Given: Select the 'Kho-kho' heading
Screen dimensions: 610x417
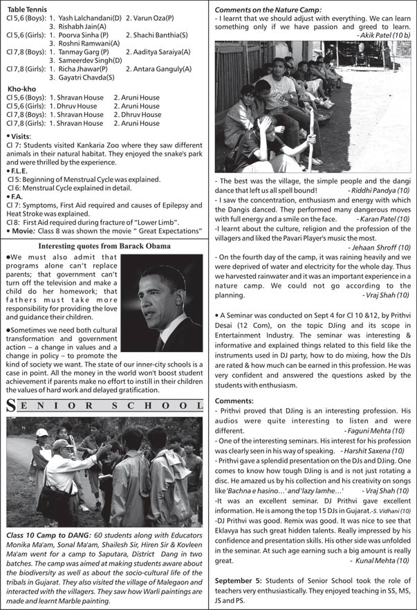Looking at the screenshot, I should pyautogui.click(x=21, y=89).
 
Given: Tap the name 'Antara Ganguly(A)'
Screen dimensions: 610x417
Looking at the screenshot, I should pyautogui.click(x=158, y=69).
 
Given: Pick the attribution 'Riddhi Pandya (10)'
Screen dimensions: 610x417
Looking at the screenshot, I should pyautogui.click(x=378, y=190).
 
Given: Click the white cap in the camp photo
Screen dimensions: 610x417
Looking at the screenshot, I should pyautogui.click(x=42, y=433).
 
